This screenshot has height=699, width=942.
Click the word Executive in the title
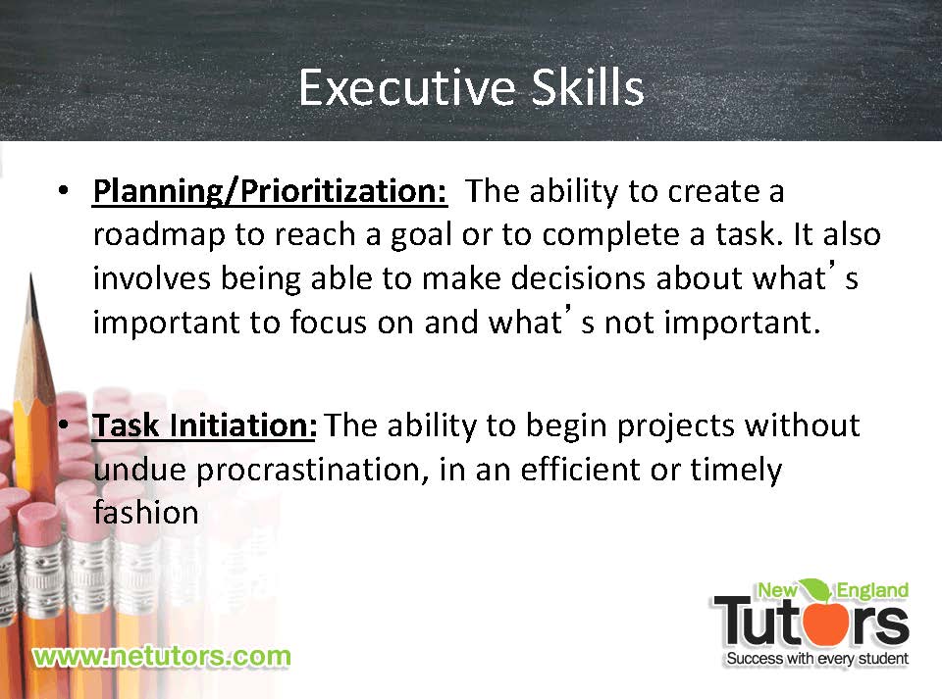point(407,87)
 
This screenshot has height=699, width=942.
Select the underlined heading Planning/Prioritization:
point(271,192)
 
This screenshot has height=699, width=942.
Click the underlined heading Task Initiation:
point(204,425)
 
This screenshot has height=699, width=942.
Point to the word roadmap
point(159,235)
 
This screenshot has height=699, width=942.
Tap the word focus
point(328,323)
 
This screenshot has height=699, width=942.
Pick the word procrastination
point(312,470)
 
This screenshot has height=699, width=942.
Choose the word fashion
point(146,513)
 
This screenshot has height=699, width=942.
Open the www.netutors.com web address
point(162,657)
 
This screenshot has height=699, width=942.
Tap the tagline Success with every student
point(817,659)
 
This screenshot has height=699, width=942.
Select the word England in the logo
point(872,590)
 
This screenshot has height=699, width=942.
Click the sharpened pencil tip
point(31,277)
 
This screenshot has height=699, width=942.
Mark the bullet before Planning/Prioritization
point(63,191)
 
